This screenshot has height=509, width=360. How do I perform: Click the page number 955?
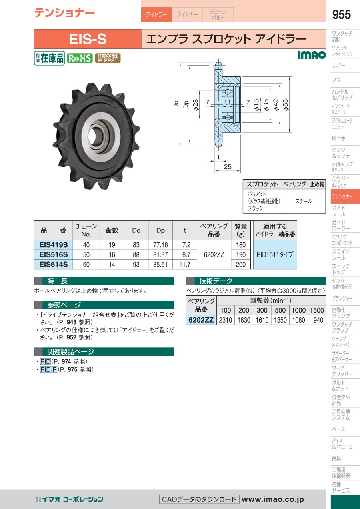coord(341,15)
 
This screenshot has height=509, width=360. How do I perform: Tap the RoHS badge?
coord(80,58)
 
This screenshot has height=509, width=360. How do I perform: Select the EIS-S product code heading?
coord(88,39)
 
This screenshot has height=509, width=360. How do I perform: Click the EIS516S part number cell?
coord(53,254)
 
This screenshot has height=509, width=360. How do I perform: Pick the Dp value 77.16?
coord(160,245)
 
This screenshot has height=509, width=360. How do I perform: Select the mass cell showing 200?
coord(241,264)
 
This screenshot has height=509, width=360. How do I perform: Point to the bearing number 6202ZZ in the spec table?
coord(214,254)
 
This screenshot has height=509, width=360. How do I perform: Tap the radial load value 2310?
coord(226,320)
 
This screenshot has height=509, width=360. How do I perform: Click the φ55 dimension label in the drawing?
coord(285,104)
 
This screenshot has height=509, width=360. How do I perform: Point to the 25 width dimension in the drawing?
coord(227,167)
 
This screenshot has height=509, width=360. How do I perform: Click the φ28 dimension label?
coord(196,104)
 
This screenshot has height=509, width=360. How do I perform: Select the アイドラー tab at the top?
coord(156,15)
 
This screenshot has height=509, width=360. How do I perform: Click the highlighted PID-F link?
coord(48,370)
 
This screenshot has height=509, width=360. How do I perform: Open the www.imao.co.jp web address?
coord(273,499)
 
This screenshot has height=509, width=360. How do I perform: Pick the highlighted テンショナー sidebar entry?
coord(342,197)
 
